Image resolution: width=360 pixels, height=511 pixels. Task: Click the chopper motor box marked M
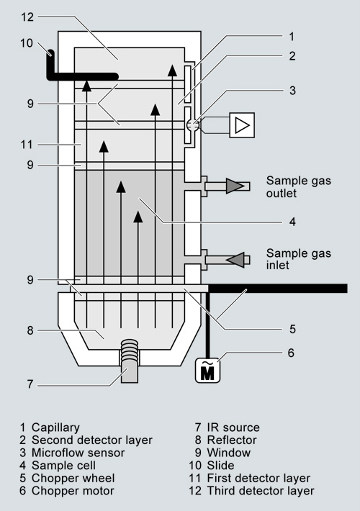(x=207, y=370)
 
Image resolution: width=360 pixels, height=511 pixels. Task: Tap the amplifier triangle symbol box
(x=242, y=125)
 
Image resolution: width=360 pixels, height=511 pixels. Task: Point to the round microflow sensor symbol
(x=193, y=125)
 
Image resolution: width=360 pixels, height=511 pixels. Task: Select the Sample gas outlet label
(x=298, y=186)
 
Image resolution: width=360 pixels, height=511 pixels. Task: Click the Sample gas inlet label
(x=298, y=259)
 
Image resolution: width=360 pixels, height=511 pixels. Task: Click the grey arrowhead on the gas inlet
(x=235, y=260)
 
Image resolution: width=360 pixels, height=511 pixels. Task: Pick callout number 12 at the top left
(x=27, y=17)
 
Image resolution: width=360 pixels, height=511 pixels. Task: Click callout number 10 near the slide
(x=27, y=42)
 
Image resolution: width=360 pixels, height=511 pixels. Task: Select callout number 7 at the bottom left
(x=30, y=384)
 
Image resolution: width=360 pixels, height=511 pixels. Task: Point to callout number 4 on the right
(x=292, y=222)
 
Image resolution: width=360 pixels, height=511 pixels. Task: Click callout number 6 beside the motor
(x=291, y=353)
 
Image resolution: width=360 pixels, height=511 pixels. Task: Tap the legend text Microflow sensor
(x=78, y=453)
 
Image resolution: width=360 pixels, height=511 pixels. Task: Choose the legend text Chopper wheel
(x=73, y=478)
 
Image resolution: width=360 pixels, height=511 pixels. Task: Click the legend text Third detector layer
(x=261, y=490)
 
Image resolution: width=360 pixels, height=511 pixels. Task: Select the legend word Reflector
(x=232, y=440)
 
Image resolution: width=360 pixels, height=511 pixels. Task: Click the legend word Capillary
(x=55, y=428)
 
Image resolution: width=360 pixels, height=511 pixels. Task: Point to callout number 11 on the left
(x=27, y=145)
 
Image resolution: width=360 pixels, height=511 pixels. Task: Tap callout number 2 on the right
(x=292, y=56)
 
